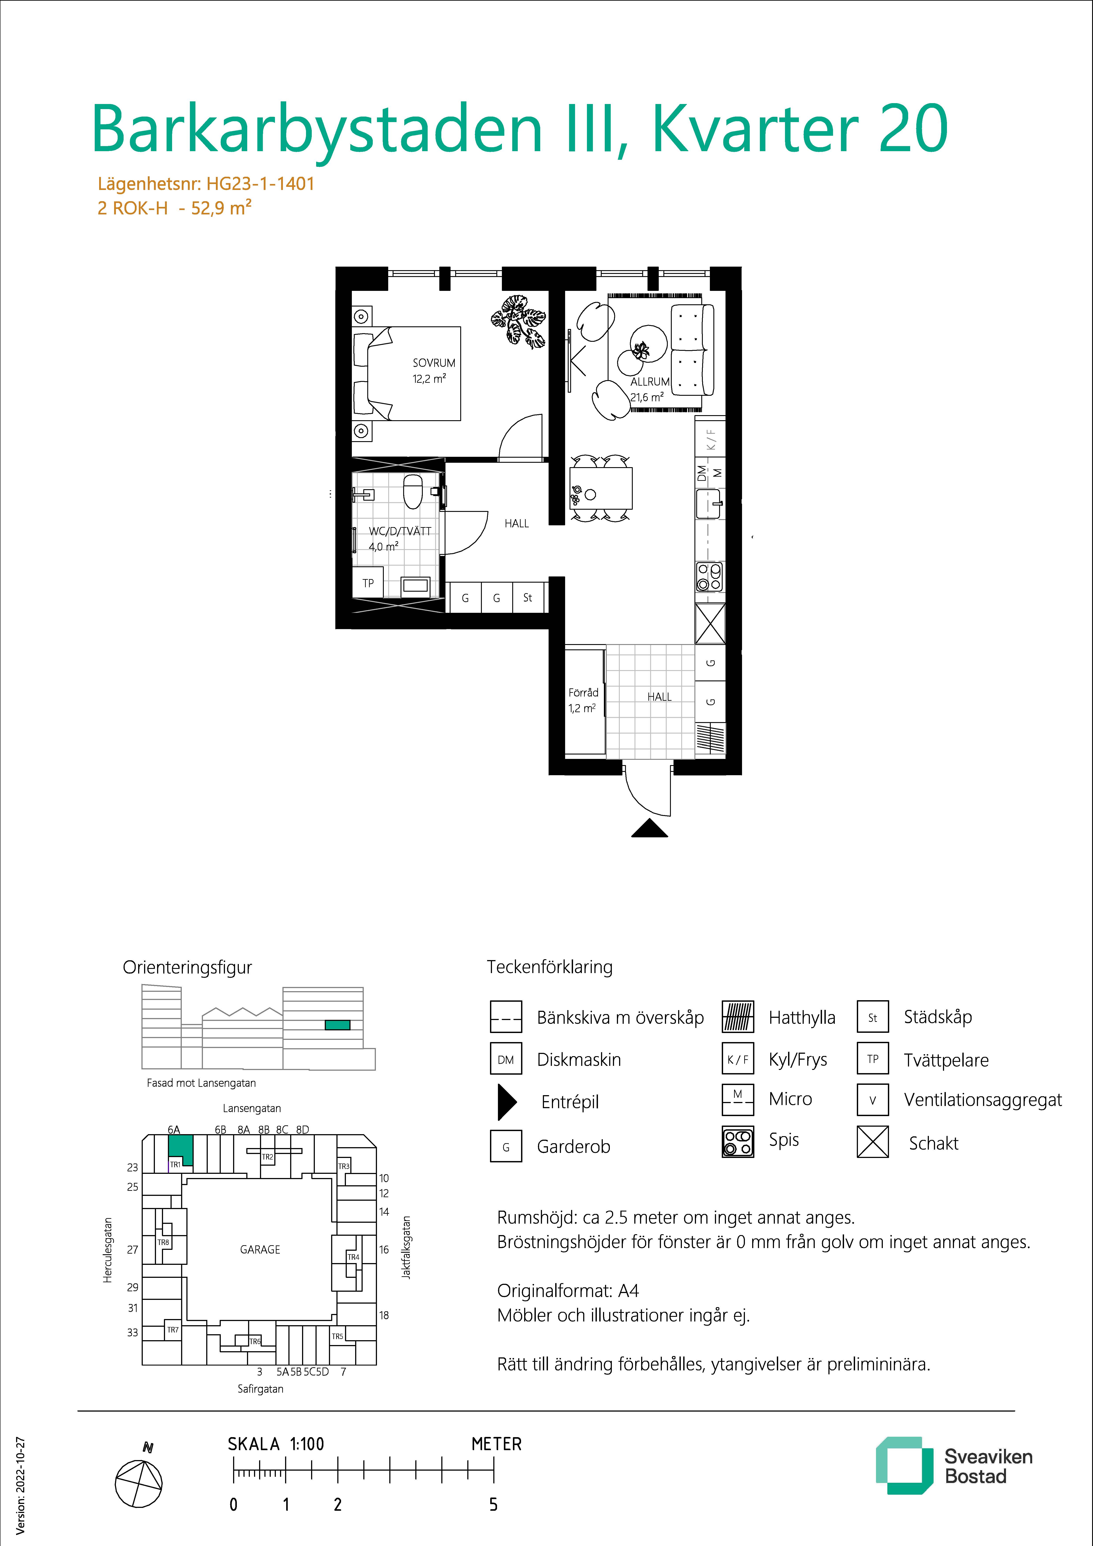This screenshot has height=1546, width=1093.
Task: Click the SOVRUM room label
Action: coord(434,363)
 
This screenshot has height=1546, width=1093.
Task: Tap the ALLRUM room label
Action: coord(650,382)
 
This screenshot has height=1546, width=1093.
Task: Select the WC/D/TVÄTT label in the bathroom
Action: coord(400,531)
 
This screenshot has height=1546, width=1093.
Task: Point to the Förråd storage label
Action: coord(583,692)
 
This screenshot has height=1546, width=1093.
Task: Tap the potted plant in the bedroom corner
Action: coord(518,321)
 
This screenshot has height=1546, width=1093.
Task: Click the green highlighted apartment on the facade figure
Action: coord(337,1025)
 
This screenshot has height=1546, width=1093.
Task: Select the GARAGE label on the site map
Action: coord(260,1249)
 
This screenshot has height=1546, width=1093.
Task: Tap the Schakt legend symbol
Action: coord(873,1142)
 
